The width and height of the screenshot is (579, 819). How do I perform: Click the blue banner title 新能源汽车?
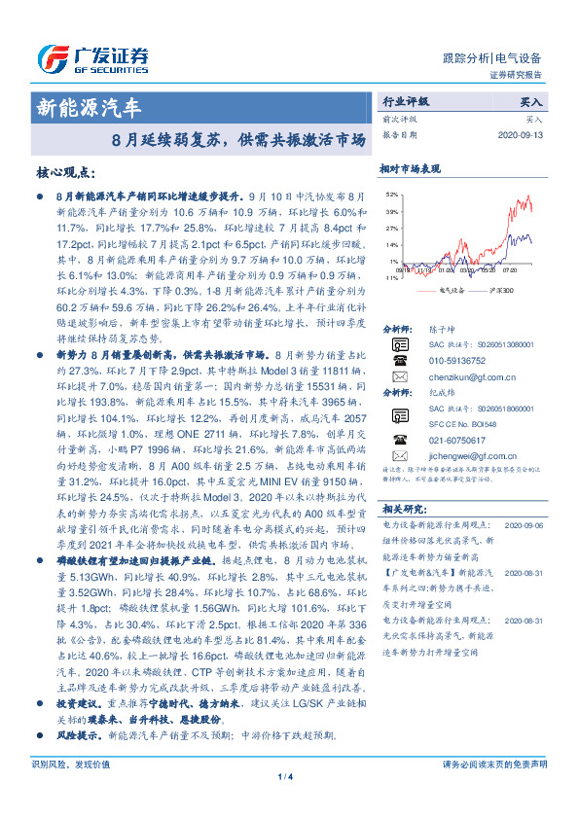coord(89,106)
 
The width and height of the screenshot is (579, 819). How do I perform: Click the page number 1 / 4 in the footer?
coord(288,803)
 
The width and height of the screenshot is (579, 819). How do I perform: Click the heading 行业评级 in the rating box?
coord(405,100)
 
